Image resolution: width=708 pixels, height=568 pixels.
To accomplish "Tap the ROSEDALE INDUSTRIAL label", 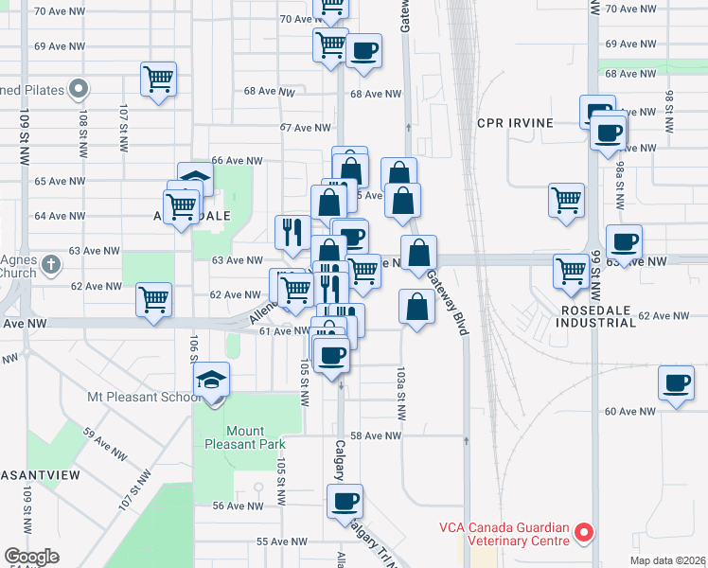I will [x=596, y=316].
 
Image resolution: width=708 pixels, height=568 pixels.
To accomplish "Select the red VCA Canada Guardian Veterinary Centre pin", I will [x=584, y=533].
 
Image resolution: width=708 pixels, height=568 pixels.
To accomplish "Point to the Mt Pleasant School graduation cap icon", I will [x=212, y=381].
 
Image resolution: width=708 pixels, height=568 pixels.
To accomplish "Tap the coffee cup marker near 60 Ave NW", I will [x=677, y=383].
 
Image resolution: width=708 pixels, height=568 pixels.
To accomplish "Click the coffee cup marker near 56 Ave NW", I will [x=345, y=502].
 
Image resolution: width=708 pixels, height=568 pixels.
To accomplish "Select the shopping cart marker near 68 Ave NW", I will [x=158, y=79].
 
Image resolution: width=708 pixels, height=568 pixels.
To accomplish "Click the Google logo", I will [x=31, y=557].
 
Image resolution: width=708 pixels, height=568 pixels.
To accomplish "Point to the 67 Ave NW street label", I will [x=309, y=128].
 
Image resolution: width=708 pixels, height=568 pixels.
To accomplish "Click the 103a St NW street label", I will [x=402, y=398].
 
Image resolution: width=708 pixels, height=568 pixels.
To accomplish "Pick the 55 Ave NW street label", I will [x=281, y=542].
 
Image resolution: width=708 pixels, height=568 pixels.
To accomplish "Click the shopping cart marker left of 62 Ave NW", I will [x=153, y=299].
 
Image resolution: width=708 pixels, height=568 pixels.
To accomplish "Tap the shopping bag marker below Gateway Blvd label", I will [x=417, y=307].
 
